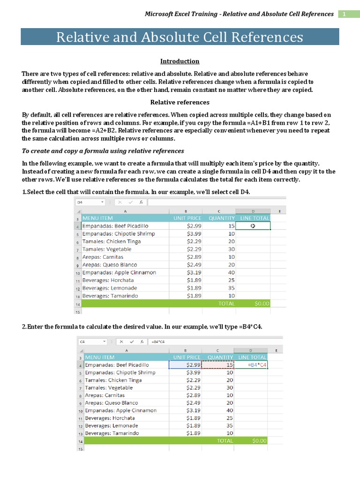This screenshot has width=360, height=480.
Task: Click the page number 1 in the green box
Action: click(344, 14)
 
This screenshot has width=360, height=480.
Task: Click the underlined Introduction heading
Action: click(180, 61)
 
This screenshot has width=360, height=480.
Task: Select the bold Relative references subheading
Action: click(180, 102)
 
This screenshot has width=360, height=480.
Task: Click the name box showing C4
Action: click(93, 342)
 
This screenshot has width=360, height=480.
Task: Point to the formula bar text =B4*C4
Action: click(157, 342)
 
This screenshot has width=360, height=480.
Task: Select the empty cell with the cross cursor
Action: click(254, 226)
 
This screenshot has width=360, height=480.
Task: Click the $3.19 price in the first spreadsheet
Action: click(194, 272)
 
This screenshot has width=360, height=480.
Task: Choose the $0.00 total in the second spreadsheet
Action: click(259, 441)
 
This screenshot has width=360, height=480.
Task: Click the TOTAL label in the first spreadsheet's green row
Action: click(226, 303)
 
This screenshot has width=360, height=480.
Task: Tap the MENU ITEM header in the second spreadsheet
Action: click(100, 357)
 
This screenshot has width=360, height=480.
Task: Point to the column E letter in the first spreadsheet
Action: click(279, 211)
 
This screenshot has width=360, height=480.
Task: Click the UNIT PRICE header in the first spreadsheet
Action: click(187, 218)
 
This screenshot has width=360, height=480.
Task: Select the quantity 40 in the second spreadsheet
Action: click(230, 410)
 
